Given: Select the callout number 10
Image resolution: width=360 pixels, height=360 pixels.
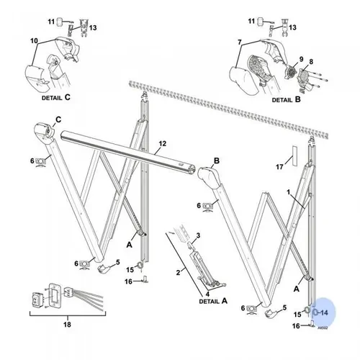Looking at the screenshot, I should [x=33, y=41].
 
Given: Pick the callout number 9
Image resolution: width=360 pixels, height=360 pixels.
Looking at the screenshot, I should [x=291, y=58].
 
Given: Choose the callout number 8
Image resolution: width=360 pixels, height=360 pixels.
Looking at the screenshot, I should [x=311, y=63].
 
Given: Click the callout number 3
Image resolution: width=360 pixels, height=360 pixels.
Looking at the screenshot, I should [x=198, y=236].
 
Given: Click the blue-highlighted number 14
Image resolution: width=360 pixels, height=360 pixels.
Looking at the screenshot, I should [x=324, y=313].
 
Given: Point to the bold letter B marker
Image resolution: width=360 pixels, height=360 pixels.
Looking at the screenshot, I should [x=215, y=161].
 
